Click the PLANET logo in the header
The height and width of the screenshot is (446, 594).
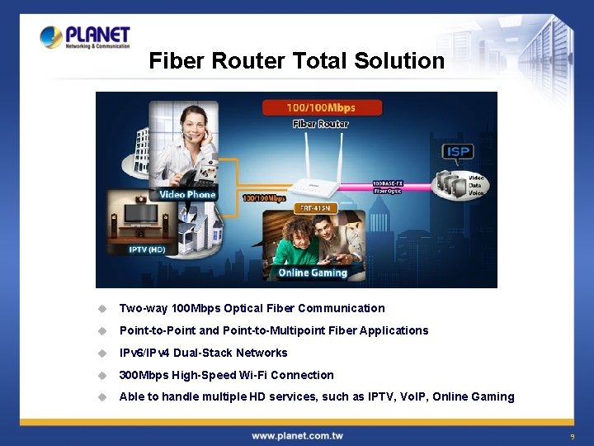pos(85,37)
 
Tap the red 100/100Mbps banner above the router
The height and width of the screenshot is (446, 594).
pos(321,107)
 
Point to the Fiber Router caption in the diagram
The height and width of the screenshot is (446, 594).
pos(321,124)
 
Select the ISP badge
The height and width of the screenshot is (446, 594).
pos(457,152)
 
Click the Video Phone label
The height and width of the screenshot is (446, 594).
pos(187,195)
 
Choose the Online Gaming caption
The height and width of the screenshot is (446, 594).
pos(313,273)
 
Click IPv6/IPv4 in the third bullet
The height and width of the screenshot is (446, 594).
pos(144,353)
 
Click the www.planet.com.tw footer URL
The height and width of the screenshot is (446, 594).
pos(297,435)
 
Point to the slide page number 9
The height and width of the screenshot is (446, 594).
pos(571,436)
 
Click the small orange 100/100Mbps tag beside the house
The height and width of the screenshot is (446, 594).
pos(264,198)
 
